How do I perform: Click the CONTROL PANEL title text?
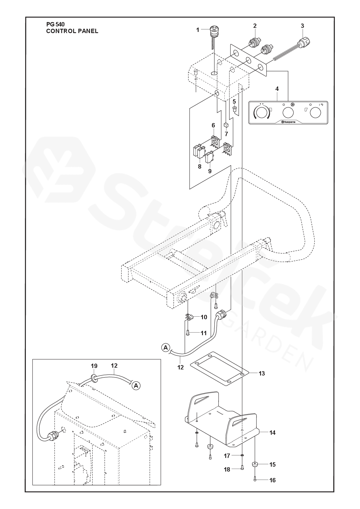point(72,31)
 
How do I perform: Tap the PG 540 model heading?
point(55,25)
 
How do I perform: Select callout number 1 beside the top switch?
point(198,30)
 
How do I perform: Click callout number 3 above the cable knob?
point(302,26)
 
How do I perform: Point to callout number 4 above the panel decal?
point(277,89)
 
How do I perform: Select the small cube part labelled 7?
point(226,125)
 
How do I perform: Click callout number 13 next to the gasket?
point(262,373)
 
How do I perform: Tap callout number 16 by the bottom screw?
point(272,480)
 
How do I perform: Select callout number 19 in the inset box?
point(94,366)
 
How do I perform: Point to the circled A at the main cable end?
point(165,347)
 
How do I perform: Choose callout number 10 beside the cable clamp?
point(204,317)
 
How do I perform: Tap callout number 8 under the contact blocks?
point(199,167)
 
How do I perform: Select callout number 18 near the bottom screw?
point(227,470)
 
